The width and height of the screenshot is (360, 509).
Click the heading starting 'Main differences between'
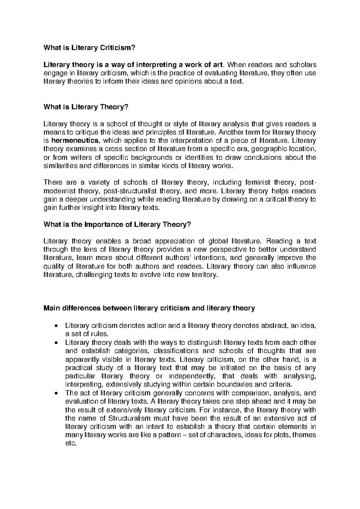pos(149,308)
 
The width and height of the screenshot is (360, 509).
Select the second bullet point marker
pos(57,343)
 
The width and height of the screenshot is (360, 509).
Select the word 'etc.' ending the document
pos(71,444)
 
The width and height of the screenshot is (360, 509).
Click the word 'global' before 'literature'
pos(216,241)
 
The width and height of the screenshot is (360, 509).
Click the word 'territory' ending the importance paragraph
pos(203,275)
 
